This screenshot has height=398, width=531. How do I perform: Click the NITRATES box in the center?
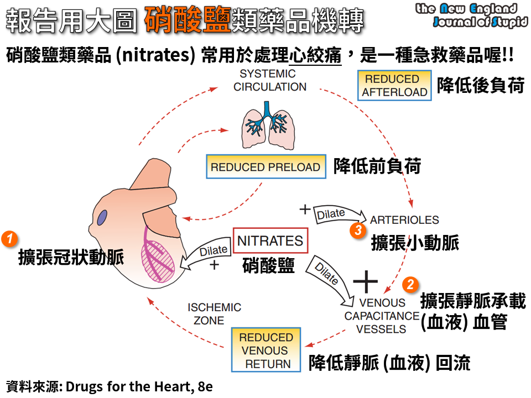click(270, 241)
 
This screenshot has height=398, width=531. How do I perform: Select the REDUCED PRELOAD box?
click(265, 167)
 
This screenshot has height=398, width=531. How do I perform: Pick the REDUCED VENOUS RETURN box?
click(266, 350)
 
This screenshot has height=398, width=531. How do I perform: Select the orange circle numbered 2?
click(410, 284)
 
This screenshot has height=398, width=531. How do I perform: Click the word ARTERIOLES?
click(404, 220)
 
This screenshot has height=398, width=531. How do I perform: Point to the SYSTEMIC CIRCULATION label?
click(269, 80)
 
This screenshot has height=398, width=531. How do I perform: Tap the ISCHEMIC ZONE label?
click(214, 313)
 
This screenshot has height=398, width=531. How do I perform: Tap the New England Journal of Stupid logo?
click(471, 15)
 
